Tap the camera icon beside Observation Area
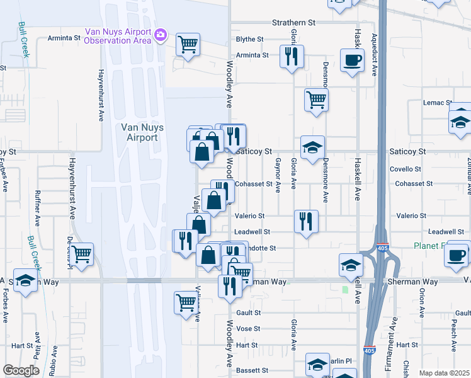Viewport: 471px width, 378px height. click(161, 34)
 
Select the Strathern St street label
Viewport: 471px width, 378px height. click(293, 23)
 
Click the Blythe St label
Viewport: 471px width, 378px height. click(249, 39)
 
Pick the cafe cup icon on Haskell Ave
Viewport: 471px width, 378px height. click(352, 60)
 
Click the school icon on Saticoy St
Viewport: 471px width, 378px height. click(312, 147)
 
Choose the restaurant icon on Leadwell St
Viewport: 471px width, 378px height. click(306, 221)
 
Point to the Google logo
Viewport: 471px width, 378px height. click(21, 370)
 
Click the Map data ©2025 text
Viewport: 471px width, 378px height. click(443, 373)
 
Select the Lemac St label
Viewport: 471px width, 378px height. click(438, 103)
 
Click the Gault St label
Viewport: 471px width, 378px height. click(248, 312)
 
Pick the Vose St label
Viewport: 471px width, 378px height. click(248, 329)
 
